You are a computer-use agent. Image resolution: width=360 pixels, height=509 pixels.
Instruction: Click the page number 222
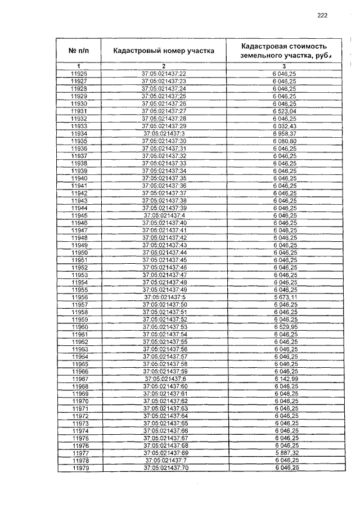[x=322, y=16]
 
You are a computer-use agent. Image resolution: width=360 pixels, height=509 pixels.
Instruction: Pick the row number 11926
[x=79, y=74]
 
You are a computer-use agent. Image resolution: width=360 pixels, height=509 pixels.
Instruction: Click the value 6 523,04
[x=284, y=111]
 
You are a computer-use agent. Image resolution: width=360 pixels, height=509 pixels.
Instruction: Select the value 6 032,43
[x=284, y=126]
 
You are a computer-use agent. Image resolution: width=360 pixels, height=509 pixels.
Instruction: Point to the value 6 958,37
[x=284, y=133]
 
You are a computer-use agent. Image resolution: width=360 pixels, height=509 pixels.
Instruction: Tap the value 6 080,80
[x=284, y=141]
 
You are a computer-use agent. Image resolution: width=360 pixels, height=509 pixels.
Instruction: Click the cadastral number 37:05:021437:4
[x=164, y=215]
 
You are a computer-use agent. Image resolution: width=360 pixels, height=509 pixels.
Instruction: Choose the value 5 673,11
[x=285, y=297]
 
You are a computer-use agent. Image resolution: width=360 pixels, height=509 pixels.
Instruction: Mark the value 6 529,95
[x=285, y=327]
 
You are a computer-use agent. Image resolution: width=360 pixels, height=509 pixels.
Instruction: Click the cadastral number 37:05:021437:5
[x=165, y=297]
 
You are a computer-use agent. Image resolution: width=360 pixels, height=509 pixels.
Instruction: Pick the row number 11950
[x=79, y=253]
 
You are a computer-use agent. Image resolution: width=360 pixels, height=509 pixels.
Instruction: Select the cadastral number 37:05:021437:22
[x=164, y=74]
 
